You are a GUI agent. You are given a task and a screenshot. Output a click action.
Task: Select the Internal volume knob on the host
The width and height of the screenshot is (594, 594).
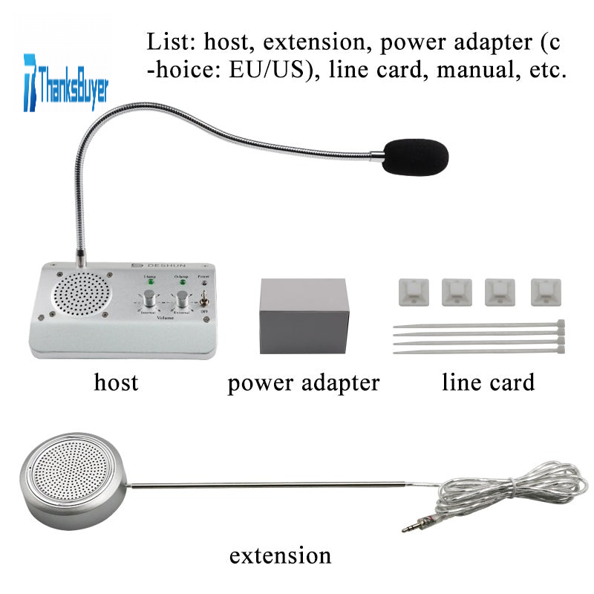coord(150,300)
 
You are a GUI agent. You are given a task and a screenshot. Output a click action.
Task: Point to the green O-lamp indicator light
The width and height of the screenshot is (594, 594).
coord(181,282)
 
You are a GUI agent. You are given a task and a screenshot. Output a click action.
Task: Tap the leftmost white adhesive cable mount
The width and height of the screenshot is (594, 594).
coord(408,290)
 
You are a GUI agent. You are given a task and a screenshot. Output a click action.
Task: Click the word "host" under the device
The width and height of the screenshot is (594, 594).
coord(116,382)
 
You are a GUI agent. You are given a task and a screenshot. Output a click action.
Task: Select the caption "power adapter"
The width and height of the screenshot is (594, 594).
coord(303,383)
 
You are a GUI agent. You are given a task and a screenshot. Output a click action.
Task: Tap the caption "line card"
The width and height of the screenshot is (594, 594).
coord(488,382)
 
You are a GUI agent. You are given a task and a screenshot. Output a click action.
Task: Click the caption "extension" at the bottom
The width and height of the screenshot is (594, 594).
coord(279,555)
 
